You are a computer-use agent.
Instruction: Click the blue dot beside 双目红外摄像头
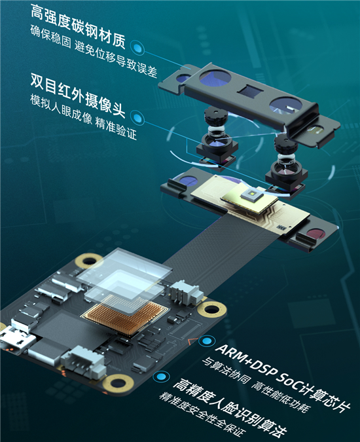pos(138,119)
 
